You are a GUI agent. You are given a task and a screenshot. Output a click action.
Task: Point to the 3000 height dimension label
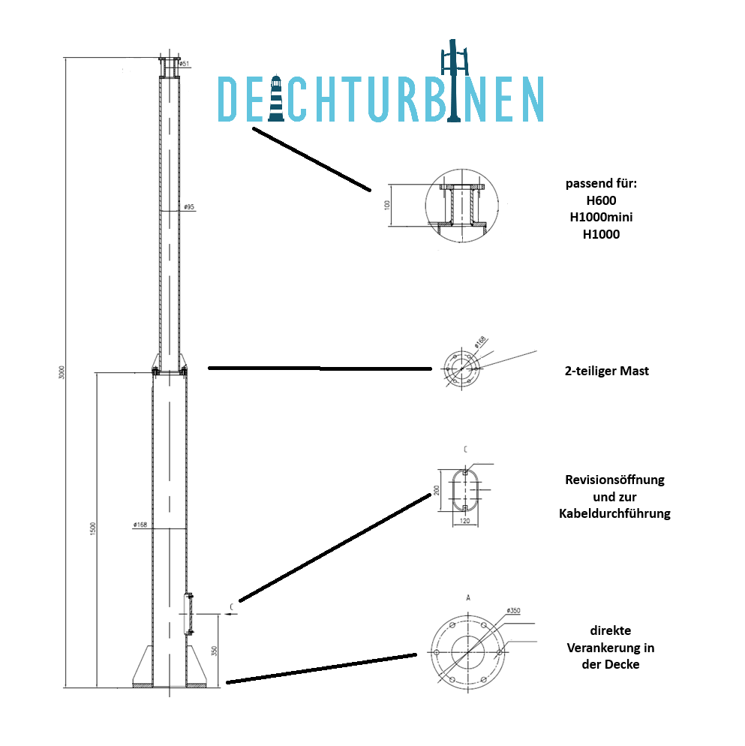(62, 371)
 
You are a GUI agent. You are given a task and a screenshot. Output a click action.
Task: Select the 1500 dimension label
(92, 528)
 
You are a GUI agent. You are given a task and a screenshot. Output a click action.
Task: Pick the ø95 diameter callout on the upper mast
(188, 206)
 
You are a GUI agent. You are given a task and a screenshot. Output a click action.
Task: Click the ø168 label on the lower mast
(140, 525)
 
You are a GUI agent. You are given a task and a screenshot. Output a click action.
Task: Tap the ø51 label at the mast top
(184, 64)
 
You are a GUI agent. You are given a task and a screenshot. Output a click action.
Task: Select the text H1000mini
(601, 218)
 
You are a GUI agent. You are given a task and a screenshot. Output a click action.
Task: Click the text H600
(601, 200)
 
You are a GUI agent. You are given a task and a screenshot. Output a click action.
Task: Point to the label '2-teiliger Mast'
(606, 371)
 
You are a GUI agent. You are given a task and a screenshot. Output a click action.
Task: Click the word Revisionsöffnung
(614, 480)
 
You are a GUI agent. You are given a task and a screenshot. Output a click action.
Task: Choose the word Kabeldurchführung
(614, 514)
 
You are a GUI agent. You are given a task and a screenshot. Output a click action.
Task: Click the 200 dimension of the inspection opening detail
(435, 490)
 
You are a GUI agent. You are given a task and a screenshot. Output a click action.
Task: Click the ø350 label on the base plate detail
(514, 611)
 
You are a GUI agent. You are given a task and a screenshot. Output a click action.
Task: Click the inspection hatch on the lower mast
(189, 614)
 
